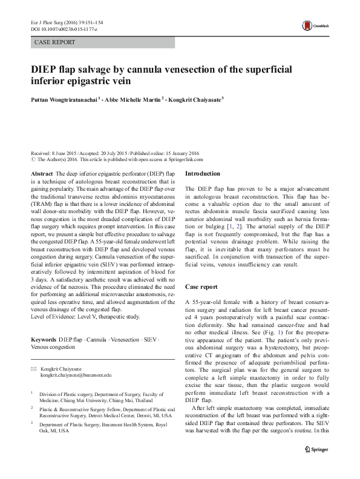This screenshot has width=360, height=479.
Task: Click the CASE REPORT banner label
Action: click(55, 42)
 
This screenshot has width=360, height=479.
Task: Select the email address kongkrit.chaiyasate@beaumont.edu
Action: click(76, 375)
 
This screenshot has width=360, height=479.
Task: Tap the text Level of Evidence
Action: click(54, 316)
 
